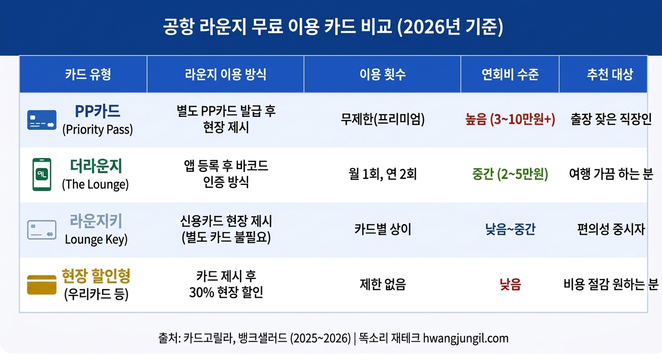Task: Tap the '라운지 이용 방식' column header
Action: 226,74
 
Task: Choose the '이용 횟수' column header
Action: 382,74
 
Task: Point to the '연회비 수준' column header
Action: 510,74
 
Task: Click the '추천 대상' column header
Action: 610,74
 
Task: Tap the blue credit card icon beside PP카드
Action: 42,120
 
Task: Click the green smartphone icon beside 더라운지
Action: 42,175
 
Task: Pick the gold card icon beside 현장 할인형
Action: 42,285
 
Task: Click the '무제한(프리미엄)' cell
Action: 382,120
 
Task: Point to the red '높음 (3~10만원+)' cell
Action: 510,120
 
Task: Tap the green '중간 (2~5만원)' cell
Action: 510,175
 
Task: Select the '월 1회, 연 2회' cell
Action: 382,175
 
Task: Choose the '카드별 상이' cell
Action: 382,230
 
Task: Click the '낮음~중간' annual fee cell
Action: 510,230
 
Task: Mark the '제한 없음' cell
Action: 382,285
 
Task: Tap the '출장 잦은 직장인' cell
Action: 611,120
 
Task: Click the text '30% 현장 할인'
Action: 226,292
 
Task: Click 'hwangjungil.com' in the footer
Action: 466,338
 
